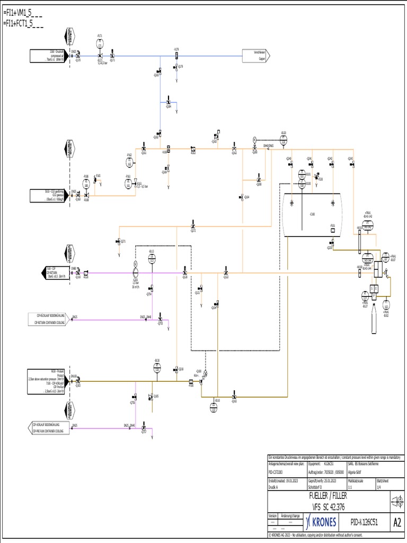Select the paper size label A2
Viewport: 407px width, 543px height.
tap(397, 522)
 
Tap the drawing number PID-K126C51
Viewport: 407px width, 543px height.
tap(364, 522)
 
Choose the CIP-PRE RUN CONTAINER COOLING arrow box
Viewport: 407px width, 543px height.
tap(49, 428)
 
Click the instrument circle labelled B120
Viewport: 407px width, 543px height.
tap(283, 141)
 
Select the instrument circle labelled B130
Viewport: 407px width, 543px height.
tap(157, 370)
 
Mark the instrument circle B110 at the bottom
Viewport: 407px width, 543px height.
tap(214, 407)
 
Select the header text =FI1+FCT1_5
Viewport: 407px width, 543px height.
tap(23, 23)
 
